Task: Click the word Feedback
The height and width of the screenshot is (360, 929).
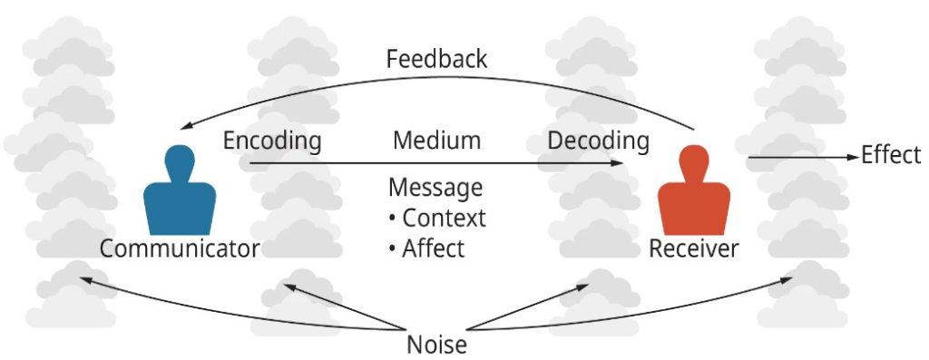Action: [436, 60]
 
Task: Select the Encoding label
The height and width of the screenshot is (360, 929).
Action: [272, 141]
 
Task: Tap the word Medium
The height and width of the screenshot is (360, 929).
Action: [436, 141]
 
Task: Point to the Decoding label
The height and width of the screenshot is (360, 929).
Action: [598, 141]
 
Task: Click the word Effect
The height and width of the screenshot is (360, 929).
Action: [891, 155]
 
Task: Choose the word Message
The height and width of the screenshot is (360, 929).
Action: [435, 188]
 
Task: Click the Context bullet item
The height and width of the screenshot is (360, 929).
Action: [437, 218]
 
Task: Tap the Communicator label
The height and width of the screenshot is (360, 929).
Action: [180, 248]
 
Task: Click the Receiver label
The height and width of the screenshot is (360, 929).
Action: [694, 248]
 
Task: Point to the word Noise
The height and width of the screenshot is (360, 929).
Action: [436, 345]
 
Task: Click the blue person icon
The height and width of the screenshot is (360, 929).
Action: [180, 195]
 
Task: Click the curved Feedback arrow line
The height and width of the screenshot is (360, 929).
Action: [435, 78]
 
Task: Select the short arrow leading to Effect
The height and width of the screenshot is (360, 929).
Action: [798, 157]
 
